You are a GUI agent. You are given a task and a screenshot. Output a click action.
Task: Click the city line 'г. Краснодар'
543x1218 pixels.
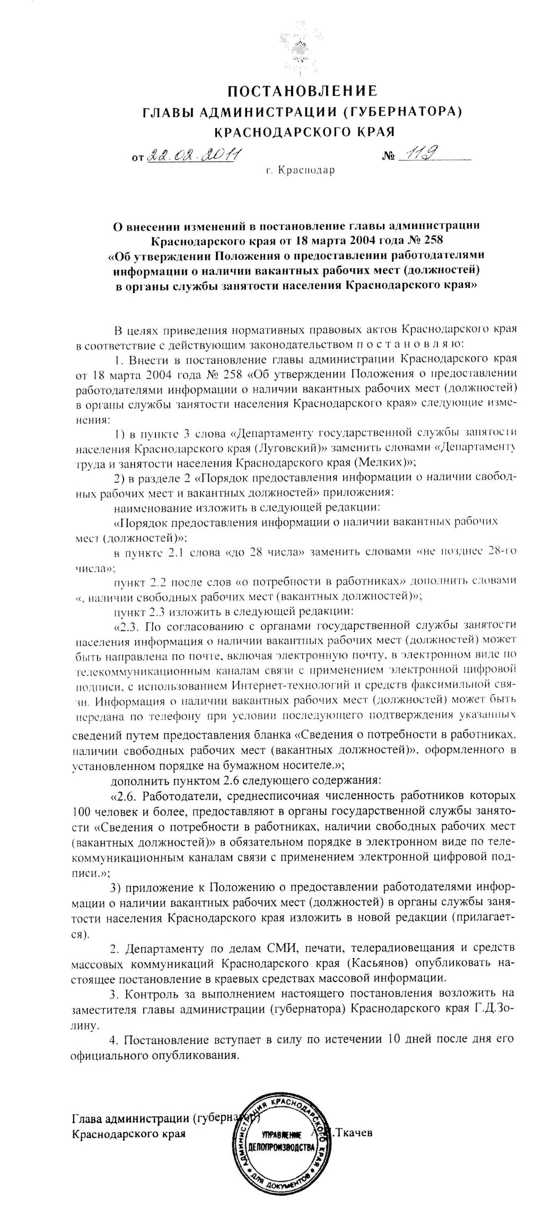pos(301,171)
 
